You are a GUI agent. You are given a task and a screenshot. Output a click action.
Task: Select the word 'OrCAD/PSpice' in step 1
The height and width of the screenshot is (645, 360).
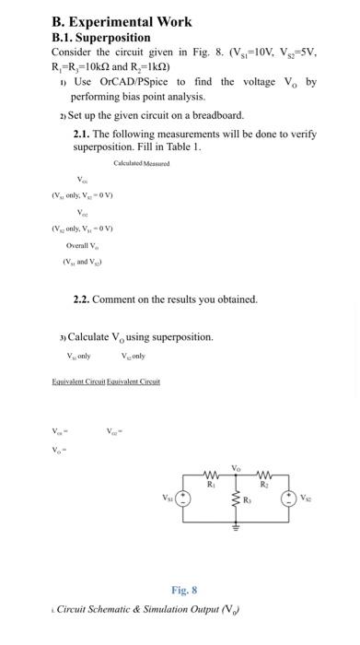tap(128, 82)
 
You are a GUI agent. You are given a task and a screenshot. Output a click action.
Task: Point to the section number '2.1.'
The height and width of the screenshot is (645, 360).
tap(83, 134)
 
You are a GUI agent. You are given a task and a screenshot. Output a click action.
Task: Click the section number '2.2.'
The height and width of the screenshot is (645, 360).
tap(83, 299)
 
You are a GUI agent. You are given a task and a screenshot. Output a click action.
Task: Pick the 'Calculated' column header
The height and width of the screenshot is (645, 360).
tap(127, 162)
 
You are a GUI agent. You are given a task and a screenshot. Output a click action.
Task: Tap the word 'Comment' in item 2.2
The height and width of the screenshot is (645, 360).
tap(120, 299)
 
